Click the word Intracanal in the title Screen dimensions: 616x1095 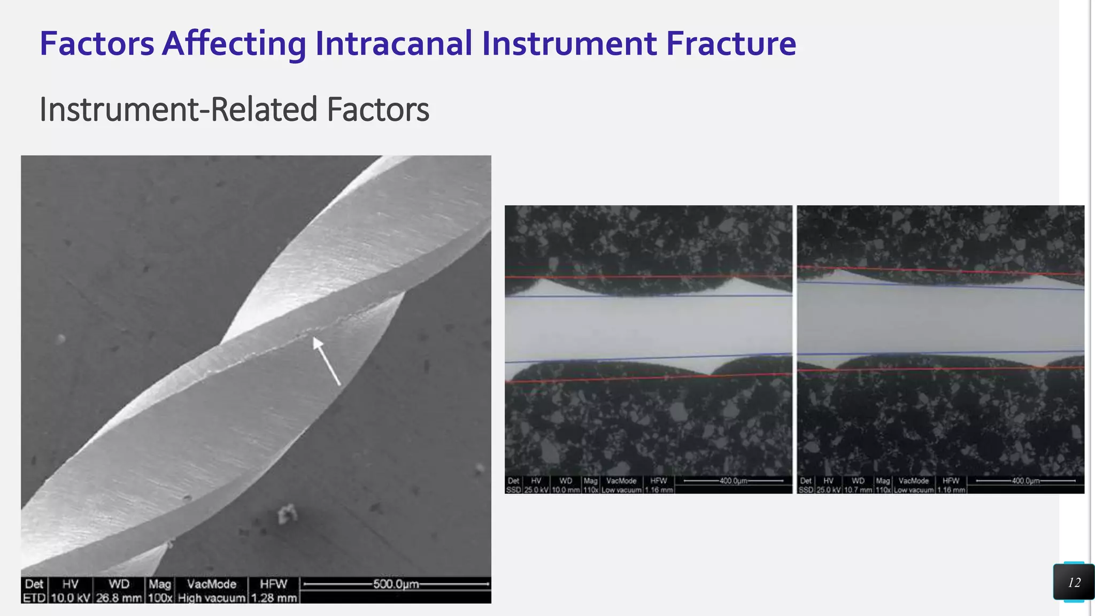tap(394, 43)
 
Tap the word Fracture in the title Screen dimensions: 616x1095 tap(731, 43)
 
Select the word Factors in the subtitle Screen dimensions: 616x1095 tap(377, 110)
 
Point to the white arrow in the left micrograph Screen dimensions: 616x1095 tap(326, 360)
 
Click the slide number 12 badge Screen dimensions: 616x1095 tap(1074, 582)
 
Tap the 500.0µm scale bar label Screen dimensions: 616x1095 tap(396, 584)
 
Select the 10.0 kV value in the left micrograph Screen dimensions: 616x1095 tap(71, 598)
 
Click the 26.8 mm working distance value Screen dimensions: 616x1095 tap(119, 598)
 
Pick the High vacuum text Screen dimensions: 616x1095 tap(212, 598)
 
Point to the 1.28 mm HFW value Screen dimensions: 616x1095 tap(274, 598)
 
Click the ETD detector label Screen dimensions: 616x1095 tap(34, 598)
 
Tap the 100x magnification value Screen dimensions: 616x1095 tap(159, 598)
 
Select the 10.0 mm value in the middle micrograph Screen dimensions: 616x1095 tap(566, 490)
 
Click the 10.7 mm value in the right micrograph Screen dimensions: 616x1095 tap(858, 490)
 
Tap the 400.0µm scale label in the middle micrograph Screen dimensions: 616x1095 tap(733, 481)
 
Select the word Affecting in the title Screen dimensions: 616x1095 tap(234, 43)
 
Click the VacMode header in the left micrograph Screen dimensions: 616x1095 tap(212, 584)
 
